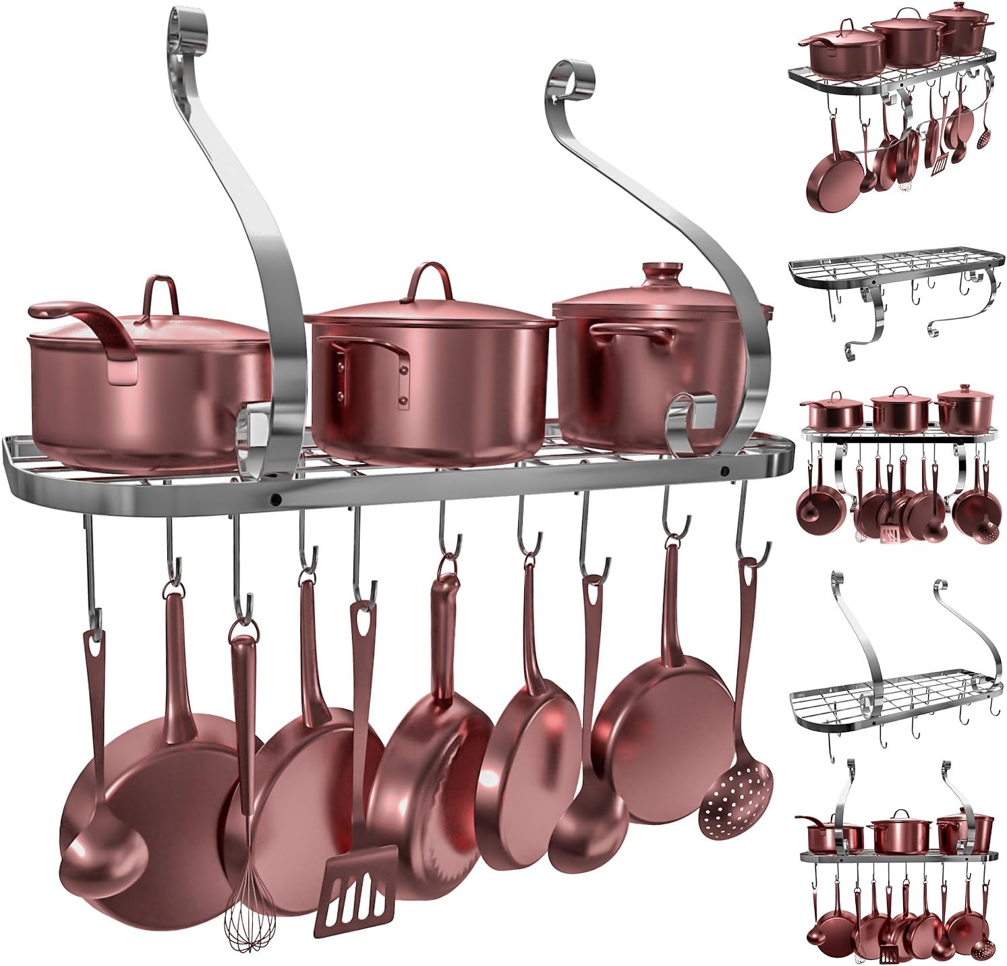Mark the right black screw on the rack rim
tap(724, 471)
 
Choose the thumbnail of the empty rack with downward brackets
tap(894, 300)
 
